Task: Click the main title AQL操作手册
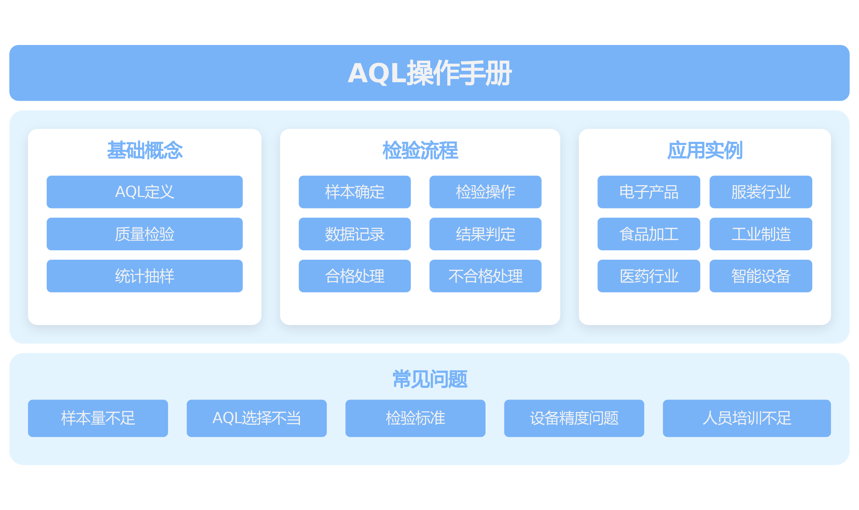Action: (x=429, y=73)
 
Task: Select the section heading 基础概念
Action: (x=145, y=150)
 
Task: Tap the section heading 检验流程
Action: (x=420, y=150)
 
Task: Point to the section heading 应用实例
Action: (x=705, y=150)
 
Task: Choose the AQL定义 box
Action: (x=145, y=192)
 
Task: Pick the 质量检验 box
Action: (x=145, y=234)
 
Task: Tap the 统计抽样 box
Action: (x=145, y=276)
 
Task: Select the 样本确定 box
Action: (x=355, y=192)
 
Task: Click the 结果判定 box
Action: (x=486, y=234)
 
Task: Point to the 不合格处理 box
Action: (x=486, y=276)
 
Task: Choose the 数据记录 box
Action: (x=355, y=234)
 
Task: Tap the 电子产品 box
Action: (x=649, y=192)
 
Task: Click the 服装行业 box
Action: (x=761, y=192)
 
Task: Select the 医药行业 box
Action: (x=649, y=276)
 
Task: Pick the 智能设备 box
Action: (x=761, y=276)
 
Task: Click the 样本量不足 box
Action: (x=98, y=418)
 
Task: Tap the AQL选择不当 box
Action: (x=257, y=418)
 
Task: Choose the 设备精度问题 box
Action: (x=574, y=418)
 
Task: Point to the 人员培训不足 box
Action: (x=747, y=418)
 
